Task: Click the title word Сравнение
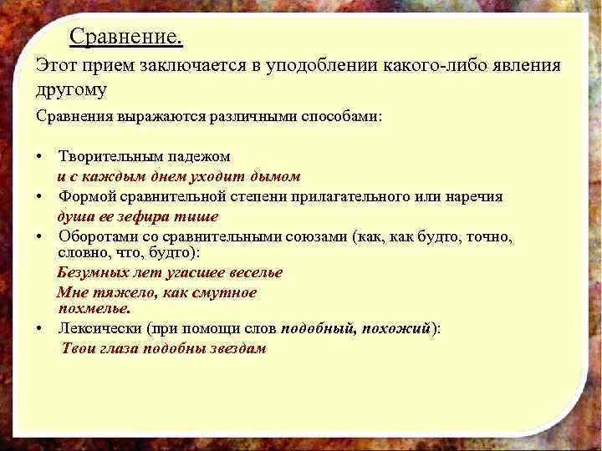[125, 38]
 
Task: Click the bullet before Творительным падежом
[40, 157]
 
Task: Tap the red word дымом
[280, 176]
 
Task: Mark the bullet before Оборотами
[40, 237]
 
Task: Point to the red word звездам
[237, 347]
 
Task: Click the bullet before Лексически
[40, 328]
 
